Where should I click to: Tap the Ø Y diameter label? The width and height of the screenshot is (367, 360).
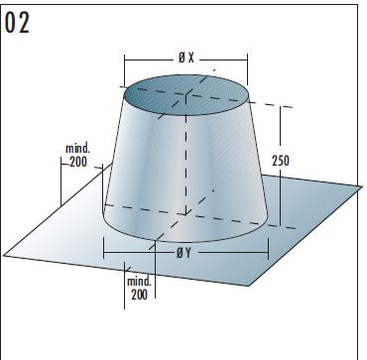184,253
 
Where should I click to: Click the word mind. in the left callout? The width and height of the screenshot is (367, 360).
79,148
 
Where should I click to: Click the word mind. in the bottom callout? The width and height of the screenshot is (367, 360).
140,282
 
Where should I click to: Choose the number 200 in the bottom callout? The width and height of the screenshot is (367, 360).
140,295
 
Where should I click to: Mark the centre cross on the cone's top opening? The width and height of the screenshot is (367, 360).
185,97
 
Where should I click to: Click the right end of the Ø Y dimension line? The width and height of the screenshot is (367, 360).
269,252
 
